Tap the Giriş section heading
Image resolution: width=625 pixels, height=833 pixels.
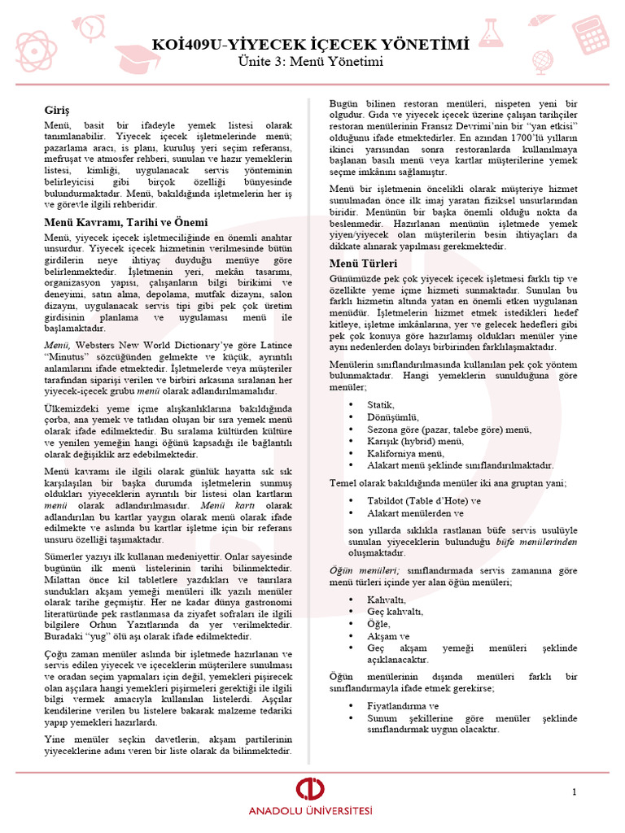57,109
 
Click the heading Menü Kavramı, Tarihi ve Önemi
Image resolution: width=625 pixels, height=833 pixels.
125,222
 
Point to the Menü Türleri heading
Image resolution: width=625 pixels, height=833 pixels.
363,264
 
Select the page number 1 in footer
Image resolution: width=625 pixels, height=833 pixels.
574,792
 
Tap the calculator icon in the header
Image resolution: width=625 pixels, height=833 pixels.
593,33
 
